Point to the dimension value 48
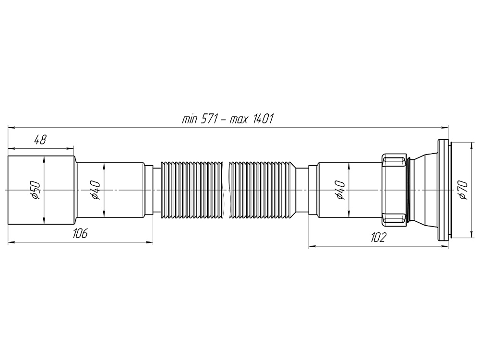pos(40,140)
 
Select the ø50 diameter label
pos(35,191)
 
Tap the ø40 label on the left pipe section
pos(95,191)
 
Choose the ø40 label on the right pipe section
pos(340,191)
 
